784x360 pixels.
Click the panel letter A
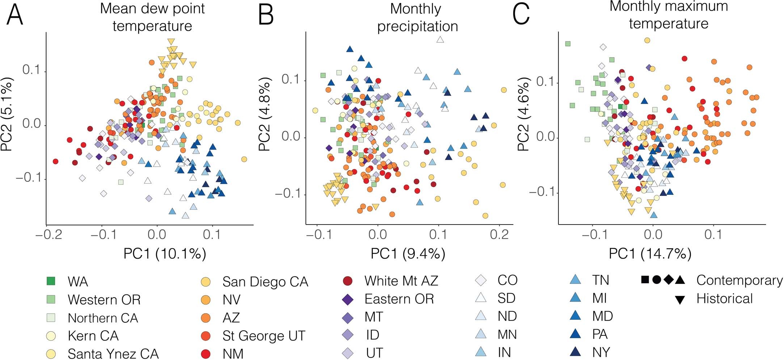[14, 15]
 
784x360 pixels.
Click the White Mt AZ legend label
[401, 281]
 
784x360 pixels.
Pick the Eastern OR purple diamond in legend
[348, 299]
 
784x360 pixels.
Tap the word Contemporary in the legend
[739, 280]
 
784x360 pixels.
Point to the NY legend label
[601, 352]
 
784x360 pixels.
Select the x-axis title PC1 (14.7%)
[650, 254]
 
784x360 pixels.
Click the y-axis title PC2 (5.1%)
[7, 114]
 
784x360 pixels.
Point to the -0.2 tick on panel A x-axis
[46, 235]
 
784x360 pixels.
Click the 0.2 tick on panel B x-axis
[500, 235]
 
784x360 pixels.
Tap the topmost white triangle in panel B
[440, 40]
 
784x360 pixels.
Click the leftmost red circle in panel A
[55, 162]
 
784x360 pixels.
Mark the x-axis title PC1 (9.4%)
[408, 254]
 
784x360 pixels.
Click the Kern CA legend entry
[93, 336]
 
